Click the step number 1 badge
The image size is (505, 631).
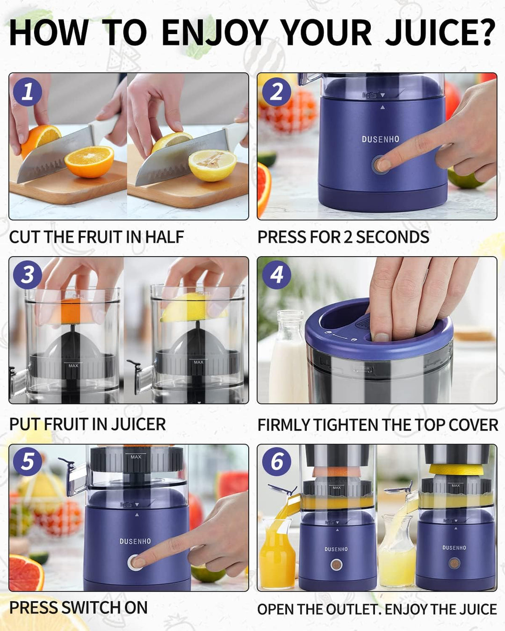pos(27,92)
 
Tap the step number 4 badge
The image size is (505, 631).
pos(276,274)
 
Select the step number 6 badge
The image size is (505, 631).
pos(276,461)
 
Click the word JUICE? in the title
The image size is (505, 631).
pos(440,33)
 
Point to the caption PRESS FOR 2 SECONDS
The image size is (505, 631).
pos(343,237)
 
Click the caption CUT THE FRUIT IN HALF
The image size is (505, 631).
pos(96,237)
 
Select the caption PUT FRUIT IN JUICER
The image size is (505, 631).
pos(87,424)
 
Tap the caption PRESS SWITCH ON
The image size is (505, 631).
pos(78,608)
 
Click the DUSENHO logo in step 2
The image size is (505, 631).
pos(381,139)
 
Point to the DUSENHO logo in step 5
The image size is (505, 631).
pos(135,541)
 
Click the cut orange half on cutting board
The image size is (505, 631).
pos(89,161)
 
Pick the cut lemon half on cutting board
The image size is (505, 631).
pos(212,165)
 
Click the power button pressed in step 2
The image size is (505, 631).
pos(380,165)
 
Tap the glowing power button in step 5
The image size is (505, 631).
pos(135,562)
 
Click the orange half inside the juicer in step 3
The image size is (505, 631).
pos(71,310)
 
